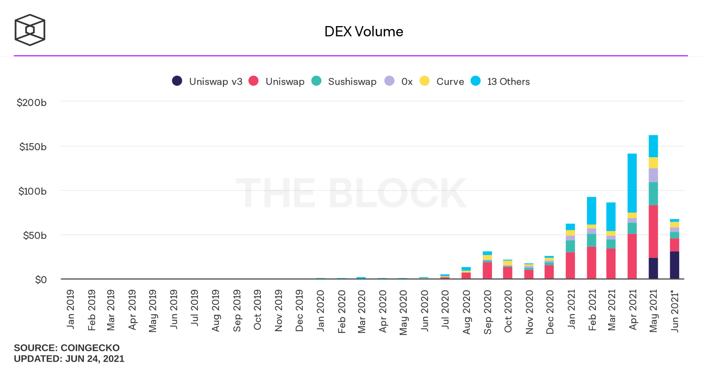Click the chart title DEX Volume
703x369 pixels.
364,32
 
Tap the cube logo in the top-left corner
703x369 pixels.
30,30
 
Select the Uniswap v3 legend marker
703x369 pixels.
177,81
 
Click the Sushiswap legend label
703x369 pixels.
352,82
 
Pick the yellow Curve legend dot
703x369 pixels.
425,81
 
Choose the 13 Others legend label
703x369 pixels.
508,82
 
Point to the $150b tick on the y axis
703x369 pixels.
33,147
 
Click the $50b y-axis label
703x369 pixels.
34,235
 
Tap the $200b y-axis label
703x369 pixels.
32,103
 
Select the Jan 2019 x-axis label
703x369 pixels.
70,309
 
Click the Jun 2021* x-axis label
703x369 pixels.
675,311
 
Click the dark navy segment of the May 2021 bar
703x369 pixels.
653,268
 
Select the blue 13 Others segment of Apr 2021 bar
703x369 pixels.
632,183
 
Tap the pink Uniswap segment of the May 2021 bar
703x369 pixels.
653,231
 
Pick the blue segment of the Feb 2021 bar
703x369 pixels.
591,210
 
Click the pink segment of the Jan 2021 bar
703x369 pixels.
570,265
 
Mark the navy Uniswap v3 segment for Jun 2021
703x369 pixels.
675,265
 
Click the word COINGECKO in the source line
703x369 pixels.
90,348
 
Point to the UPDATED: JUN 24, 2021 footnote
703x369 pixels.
69,359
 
